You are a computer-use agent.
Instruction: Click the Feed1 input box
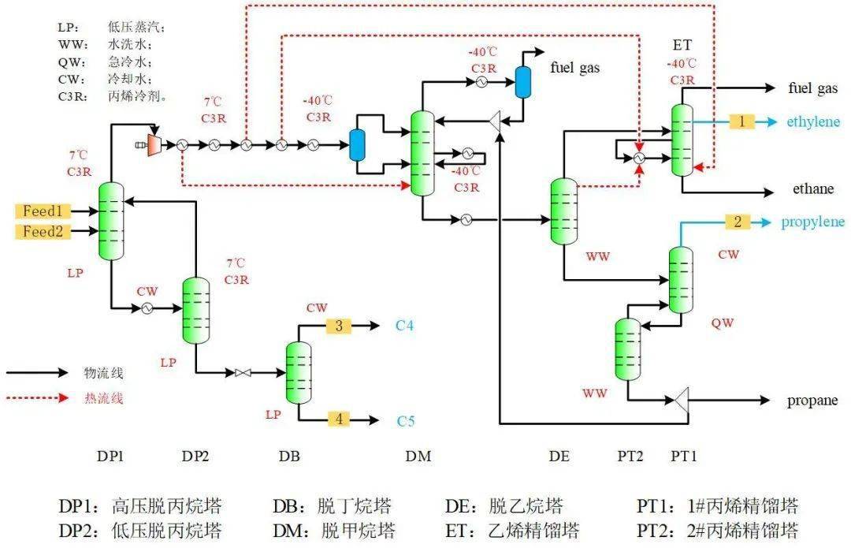[41, 211]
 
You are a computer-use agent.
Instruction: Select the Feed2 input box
[41, 232]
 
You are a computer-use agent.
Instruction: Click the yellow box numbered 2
[738, 222]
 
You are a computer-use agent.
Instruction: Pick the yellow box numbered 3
[339, 326]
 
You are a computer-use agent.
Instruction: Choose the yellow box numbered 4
[339, 419]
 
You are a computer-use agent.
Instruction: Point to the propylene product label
[812, 222]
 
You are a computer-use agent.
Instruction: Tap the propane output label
[812, 401]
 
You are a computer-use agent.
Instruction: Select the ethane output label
[812, 189]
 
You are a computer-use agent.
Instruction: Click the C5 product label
[405, 420]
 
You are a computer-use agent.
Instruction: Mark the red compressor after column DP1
[152, 144]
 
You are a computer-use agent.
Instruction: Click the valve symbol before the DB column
[243, 372]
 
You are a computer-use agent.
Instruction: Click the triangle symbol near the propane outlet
[682, 401]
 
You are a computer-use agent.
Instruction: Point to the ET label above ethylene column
[682, 44]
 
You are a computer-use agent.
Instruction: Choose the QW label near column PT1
[722, 322]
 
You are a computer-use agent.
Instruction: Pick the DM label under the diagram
[418, 456]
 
